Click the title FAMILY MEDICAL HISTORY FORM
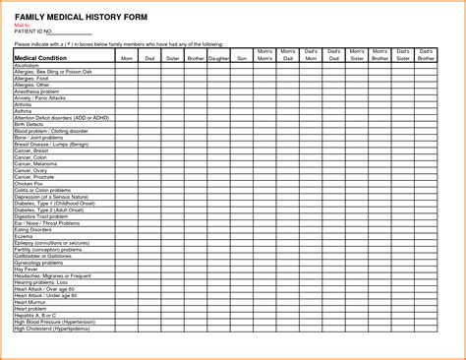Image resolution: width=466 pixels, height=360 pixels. (74, 11)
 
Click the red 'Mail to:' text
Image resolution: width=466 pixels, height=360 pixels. (23, 21)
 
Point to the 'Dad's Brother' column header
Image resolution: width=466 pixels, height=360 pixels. (427, 54)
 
